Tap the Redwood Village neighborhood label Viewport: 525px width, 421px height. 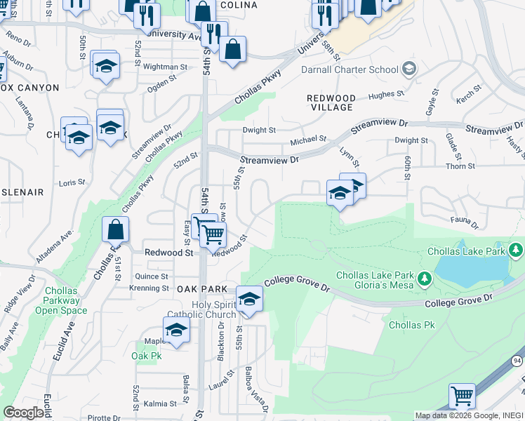tap(331, 102)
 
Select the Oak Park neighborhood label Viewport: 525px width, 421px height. tap(202, 289)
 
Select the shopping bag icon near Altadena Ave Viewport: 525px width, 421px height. tap(115, 229)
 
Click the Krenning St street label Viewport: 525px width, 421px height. tap(149, 288)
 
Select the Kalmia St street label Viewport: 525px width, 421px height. tap(161, 403)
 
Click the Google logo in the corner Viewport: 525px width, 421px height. tap(23, 413)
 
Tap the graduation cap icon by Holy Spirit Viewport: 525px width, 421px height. tap(248, 300)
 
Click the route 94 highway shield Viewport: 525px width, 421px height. tap(517, 361)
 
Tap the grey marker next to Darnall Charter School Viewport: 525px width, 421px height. tap(408, 69)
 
